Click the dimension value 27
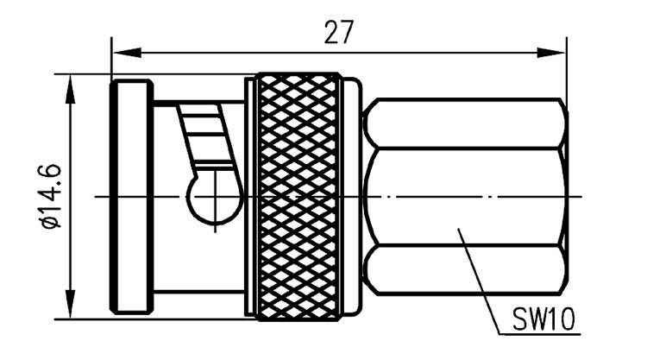click(x=339, y=32)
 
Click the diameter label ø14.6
click(x=51, y=196)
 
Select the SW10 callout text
click(x=543, y=319)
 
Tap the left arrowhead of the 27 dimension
click(x=127, y=53)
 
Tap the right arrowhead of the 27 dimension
click(x=551, y=53)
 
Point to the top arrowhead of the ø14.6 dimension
click(x=71, y=89)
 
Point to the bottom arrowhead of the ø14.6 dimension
click(x=71, y=304)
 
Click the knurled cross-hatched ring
click(x=298, y=197)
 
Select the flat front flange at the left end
click(x=131, y=197)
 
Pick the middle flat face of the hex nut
click(x=466, y=197)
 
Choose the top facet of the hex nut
click(x=466, y=123)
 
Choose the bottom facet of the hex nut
click(x=466, y=270)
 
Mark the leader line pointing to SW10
click(x=479, y=281)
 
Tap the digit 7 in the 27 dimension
click(x=347, y=32)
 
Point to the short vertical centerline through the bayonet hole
click(x=215, y=200)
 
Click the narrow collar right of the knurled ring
click(x=352, y=197)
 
